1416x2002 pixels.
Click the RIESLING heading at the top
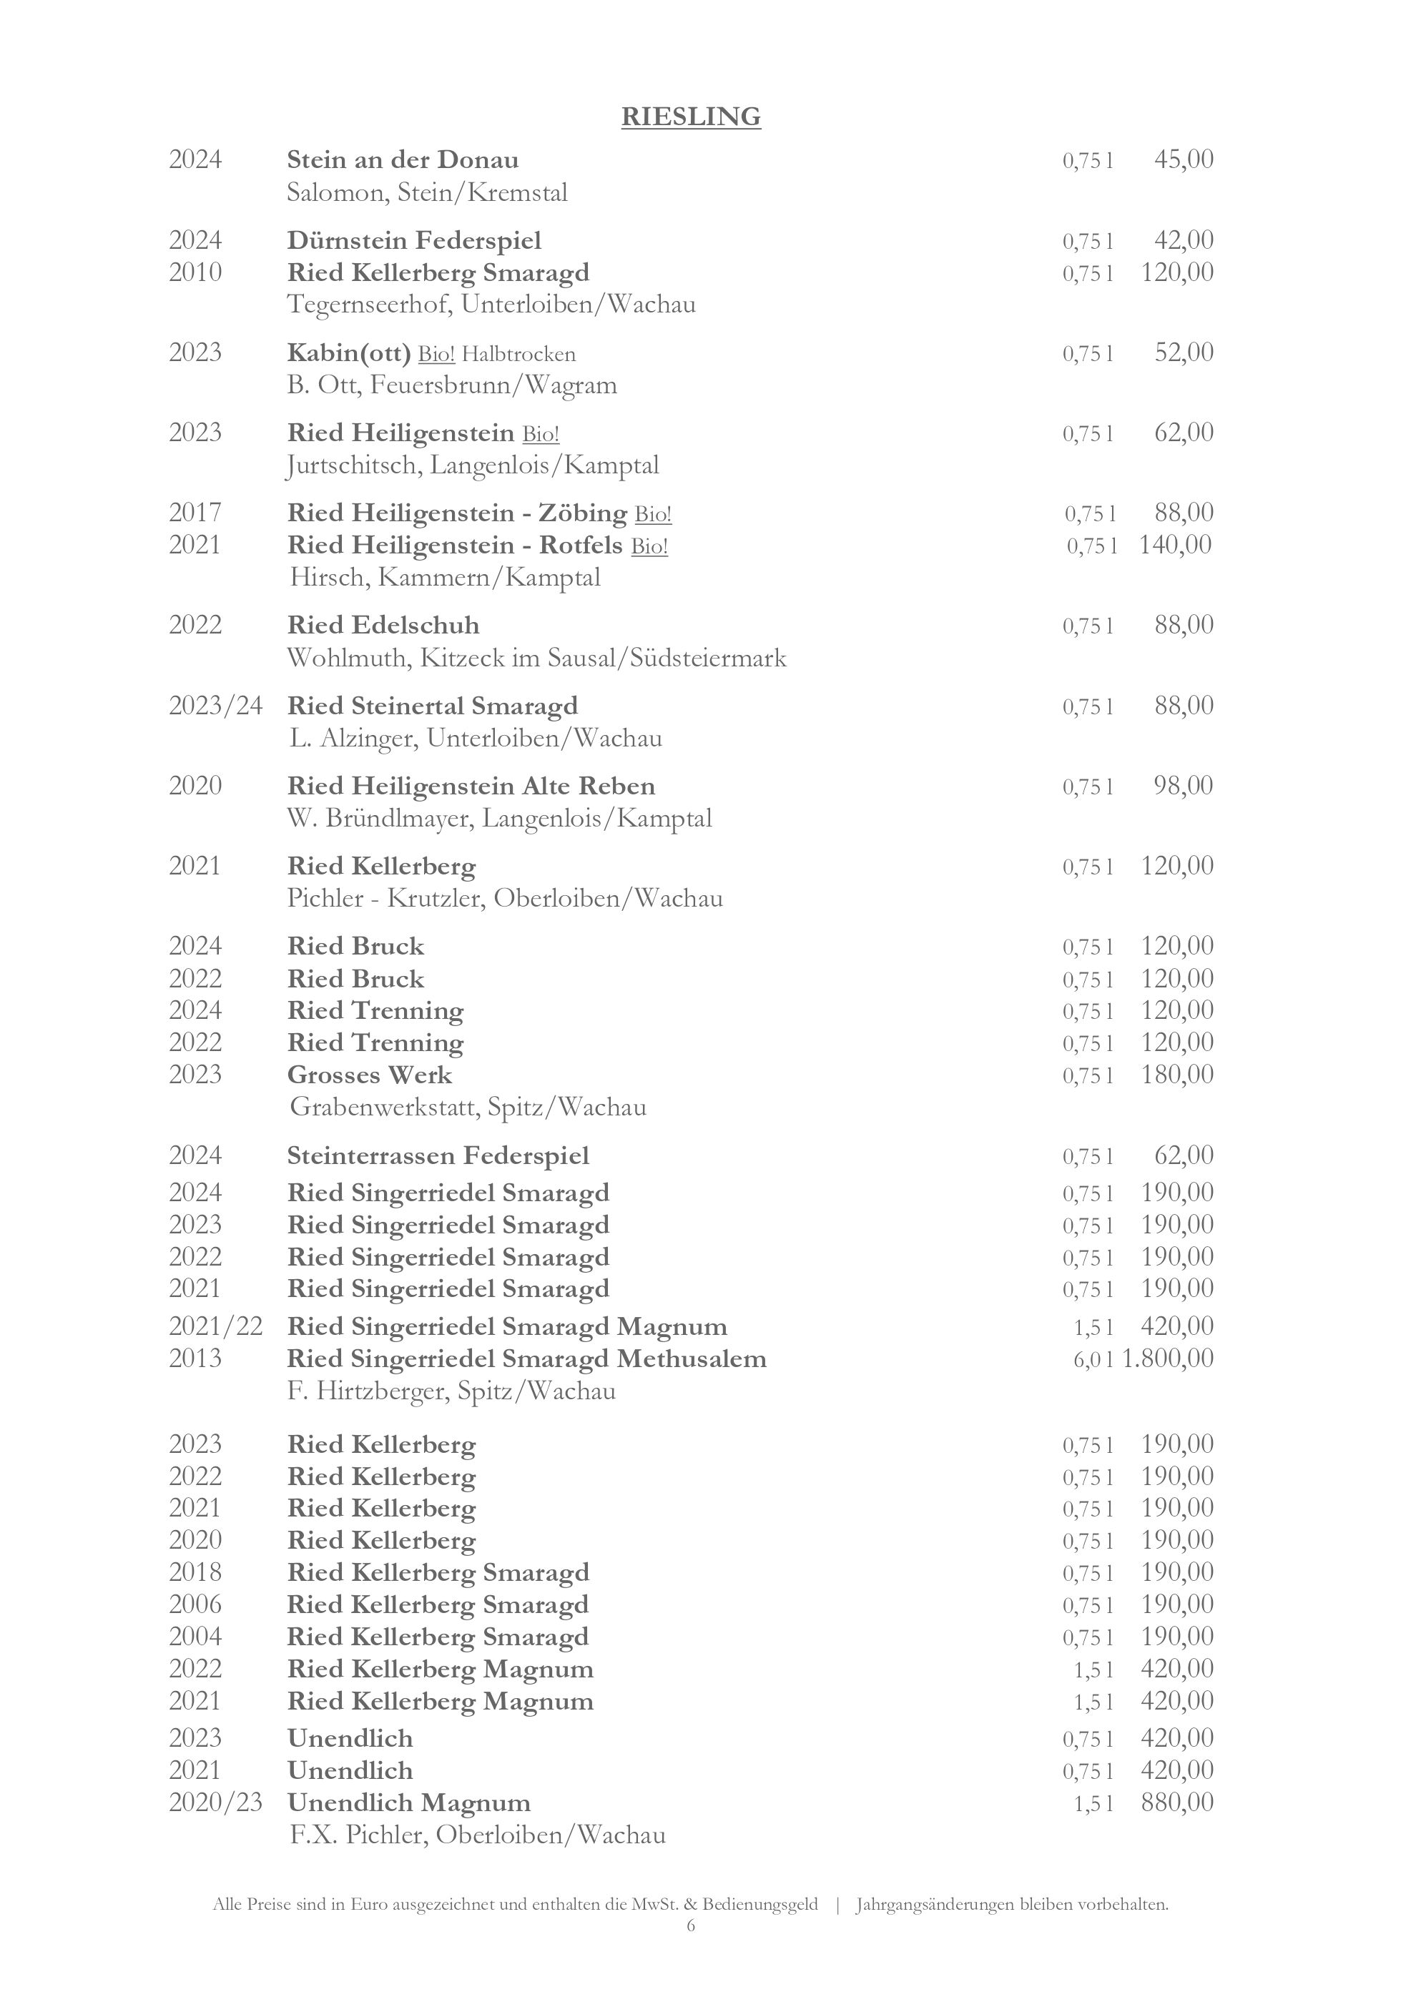point(691,117)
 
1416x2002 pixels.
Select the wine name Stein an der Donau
point(403,160)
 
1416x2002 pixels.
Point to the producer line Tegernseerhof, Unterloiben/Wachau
point(491,305)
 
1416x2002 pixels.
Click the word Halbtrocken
point(518,354)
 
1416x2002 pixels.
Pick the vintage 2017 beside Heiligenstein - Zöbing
point(195,513)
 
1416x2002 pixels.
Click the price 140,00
point(1175,545)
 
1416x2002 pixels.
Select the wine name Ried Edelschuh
point(383,625)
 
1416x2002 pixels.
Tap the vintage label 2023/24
point(215,706)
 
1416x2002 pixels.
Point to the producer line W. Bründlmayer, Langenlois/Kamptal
point(500,819)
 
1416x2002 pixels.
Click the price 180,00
point(1177,1074)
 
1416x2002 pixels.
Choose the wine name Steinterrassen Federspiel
point(438,1156)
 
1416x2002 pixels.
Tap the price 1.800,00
point(1169,1358)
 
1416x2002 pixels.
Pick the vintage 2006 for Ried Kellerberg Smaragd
point(195,1604)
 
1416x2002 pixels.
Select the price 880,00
point(1177,1803)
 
